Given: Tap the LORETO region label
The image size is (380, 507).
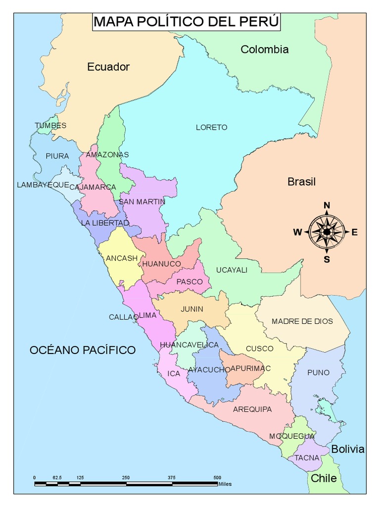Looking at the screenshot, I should click(x=211, y=127).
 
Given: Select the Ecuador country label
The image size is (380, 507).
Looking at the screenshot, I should click(x=108, y=67).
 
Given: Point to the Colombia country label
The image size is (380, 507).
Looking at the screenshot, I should click(x=264, y=50).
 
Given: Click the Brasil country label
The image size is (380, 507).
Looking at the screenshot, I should click(x=301, y=182).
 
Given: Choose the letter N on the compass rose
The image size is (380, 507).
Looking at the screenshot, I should click(x=327, y=206).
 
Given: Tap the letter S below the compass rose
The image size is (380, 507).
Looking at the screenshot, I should click(x=327, y=259).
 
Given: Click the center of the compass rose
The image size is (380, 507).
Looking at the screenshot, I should click(x=327, y=232).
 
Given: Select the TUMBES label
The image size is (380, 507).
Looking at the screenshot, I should click(x=50, y=126).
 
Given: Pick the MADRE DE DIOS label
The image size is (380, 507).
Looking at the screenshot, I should click(x=302, y=321).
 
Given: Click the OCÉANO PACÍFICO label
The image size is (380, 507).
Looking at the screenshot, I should click(x=83, y=351).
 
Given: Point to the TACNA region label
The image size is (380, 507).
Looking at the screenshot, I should click(x=307, y=458).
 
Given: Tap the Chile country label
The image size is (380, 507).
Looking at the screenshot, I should click(x=324, y=478).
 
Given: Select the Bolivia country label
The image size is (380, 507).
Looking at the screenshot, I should click(x=348, y=450).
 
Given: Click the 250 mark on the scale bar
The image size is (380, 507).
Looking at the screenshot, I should click(x=126, y=477).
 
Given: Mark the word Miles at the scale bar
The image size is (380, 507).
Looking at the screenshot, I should click(x=225, y=484).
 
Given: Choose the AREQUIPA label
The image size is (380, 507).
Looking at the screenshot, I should click(x=252, y=409).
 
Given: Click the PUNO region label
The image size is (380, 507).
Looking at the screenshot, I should click(x=318, y=372).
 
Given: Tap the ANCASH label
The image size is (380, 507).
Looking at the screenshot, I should click(x=122, y=258).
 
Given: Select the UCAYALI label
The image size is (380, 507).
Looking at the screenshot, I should click(x=232, y=270).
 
